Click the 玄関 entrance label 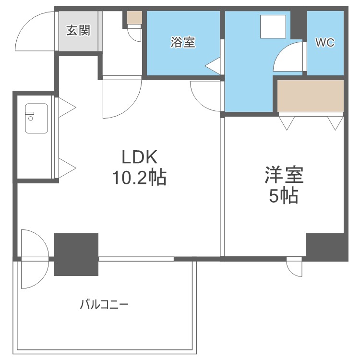78,31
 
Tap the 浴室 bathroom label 183,42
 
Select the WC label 324,42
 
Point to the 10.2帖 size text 139,178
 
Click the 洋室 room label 284,175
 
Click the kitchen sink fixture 36,119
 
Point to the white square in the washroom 273,26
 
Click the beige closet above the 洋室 311,96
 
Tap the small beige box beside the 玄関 135,18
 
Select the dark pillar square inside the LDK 76,254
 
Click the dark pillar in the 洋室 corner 326,247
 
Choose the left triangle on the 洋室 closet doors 287,123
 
